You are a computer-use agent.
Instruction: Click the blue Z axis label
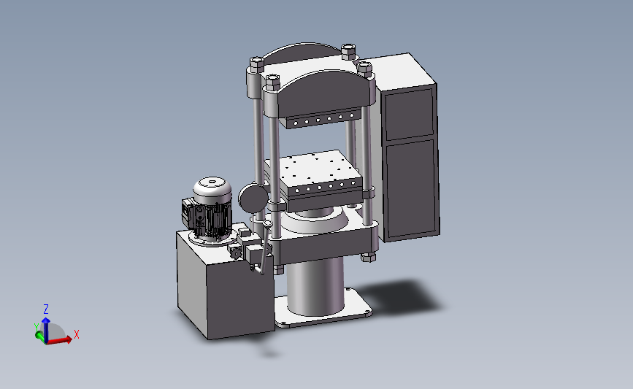(x=46, y=309)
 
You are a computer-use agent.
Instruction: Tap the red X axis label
(x=77, y=334)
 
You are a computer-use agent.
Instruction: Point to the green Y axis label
(x=37, y=327)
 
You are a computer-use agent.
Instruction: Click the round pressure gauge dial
(x=253, y=197)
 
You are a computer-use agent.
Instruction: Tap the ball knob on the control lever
(x=267, y=223)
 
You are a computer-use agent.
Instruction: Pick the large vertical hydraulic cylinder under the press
(x=315, y=286)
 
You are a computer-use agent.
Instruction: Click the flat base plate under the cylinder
(x=323, y=309)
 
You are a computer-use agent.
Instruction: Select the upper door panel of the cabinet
(x=410, y=114)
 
